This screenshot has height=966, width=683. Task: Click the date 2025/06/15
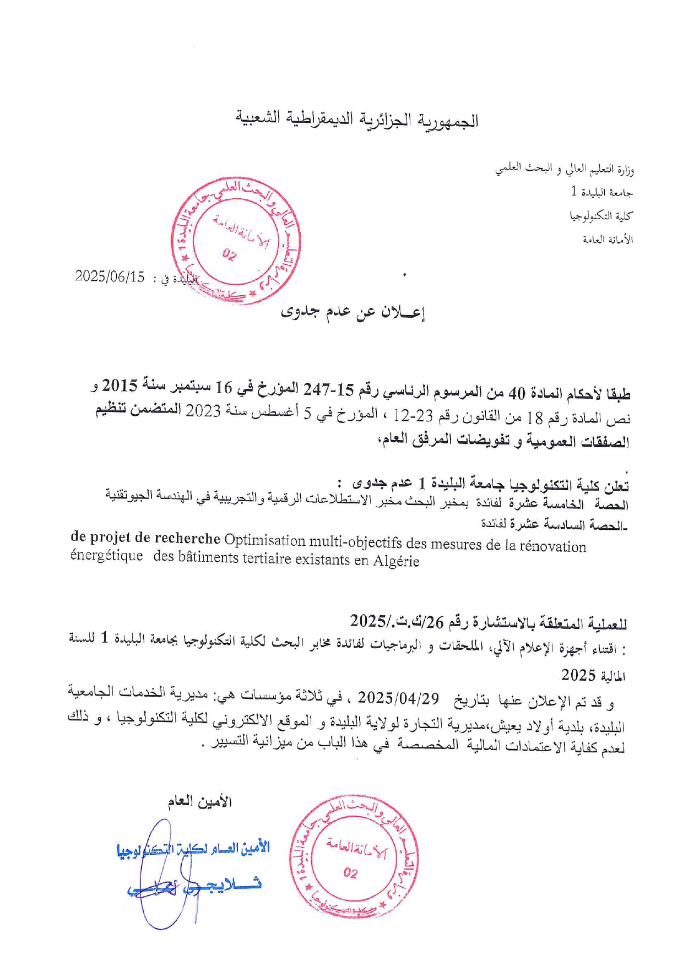point(110,276)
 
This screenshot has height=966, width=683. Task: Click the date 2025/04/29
point(398,698)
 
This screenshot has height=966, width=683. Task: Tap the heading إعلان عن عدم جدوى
point(353,312)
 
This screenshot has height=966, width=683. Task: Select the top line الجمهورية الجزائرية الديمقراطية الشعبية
point(357,120)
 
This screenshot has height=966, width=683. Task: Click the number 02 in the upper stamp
point(229,254)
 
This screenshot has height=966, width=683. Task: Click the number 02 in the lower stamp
point(350,872)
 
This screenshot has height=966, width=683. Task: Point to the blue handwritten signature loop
point(160,876)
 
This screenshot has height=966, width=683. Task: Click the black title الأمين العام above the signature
point(199,801)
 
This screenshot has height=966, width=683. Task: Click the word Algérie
point(396,561)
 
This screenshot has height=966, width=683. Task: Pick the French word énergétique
point(106,556)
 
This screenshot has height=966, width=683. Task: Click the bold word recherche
point(187,538)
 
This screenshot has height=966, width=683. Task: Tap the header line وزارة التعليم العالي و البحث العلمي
point(564,169)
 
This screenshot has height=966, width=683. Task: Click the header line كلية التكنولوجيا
point(601,216)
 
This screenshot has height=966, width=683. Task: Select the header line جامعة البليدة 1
point(601,192)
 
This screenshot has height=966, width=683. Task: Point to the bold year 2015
point(120,384)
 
